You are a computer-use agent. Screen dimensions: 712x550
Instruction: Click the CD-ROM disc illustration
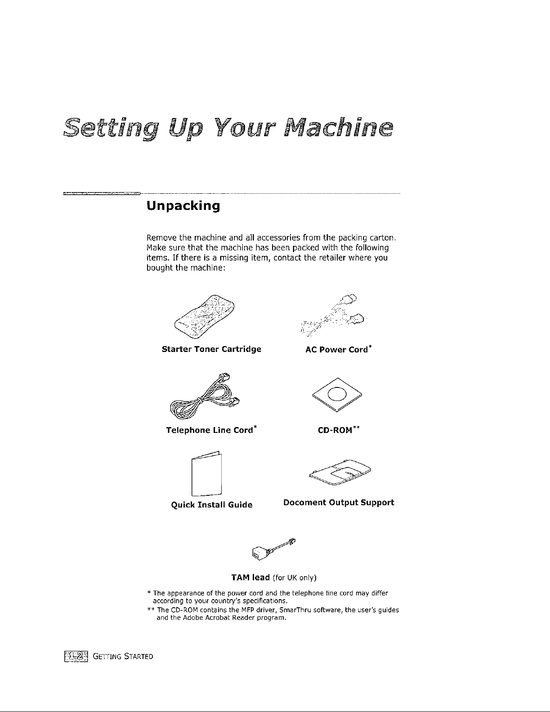336,394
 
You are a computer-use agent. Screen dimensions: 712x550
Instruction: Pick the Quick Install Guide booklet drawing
206,472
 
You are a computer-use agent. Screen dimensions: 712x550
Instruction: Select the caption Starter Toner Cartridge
211,349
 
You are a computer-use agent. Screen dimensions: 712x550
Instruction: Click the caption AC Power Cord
337,350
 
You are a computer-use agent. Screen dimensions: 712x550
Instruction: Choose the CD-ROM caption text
336,430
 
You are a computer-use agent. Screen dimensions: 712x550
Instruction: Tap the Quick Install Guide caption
212,505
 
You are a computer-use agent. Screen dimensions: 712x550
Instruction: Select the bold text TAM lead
250,577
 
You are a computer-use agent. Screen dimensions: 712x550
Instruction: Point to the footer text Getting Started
123,657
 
